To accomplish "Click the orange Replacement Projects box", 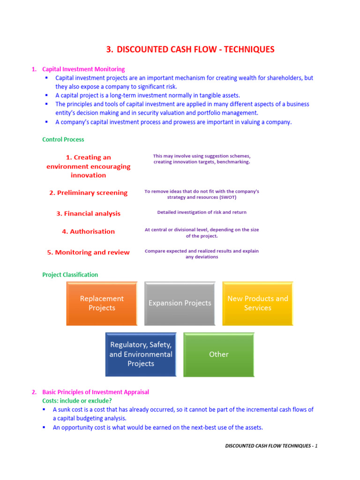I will [x=102, y=303].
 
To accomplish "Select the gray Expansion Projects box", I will [x=180, y=303].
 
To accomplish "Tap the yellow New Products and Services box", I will [x=257, y=303].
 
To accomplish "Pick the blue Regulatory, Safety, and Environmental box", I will [x=141, y=354].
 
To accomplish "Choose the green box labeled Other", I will [x=218, y=354].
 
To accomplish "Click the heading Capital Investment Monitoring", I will [x=83, y=69].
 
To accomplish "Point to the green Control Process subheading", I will [x=63, y=140].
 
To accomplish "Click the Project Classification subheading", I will [x=70, y=275].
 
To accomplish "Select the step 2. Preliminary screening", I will [x=88, y=193].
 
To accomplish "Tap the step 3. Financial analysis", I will [x=88, y=213].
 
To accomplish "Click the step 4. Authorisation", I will [x=88, y=232].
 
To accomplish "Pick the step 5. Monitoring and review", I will [x=88, y=252].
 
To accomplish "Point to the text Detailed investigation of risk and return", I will [x=202, y=212].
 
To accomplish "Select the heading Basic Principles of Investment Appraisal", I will [x=96, y=392].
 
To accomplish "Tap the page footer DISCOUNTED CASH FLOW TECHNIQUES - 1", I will [x=271, y=446].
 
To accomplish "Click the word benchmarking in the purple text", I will [x=232, y=162].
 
